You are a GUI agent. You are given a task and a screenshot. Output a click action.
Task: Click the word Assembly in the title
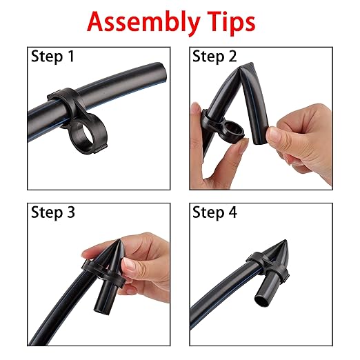tap(143, 23)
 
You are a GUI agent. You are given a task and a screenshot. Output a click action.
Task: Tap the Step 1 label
tap(52, 57)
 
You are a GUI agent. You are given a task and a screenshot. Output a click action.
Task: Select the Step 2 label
tap(214, 57)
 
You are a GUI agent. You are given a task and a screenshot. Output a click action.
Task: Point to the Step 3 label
tap(53, 212)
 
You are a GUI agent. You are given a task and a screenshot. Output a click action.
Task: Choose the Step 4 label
tap(214, 212)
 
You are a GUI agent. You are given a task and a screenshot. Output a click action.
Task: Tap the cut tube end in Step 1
tap(161, 71)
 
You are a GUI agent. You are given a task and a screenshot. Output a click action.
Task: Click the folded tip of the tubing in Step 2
tap(246, 66)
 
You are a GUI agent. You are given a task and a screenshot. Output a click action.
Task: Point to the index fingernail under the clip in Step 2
tap(243, 146)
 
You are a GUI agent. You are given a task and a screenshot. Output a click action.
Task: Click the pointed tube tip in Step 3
tap(119, 241)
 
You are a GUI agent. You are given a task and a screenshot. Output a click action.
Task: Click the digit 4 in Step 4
tap(232, 212)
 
